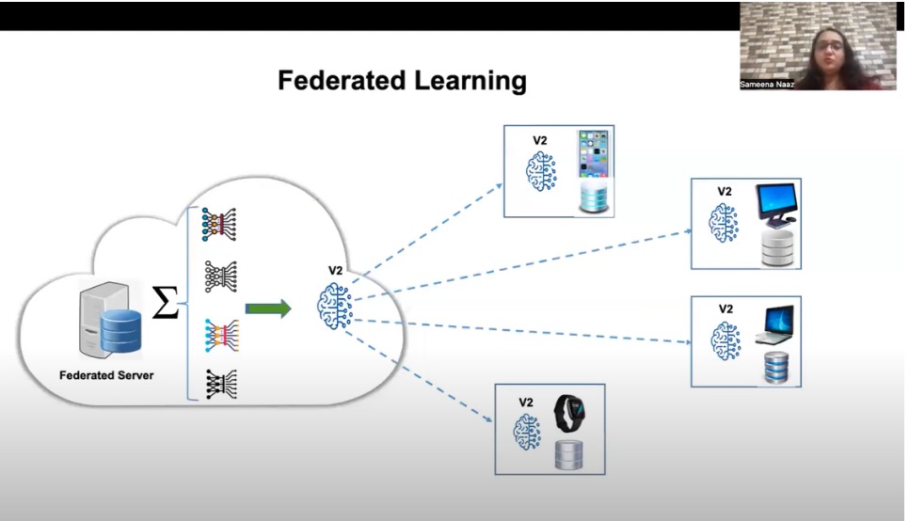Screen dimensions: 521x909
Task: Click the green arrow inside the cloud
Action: coord(268,308)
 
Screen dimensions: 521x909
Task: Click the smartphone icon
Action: coord(595,156)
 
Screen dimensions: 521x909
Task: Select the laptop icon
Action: coord(774,325)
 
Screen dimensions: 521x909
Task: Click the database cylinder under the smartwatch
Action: coord(567,456)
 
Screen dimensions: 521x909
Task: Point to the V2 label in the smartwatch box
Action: coord(526,402)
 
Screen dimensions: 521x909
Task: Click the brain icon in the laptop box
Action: coord(725,340)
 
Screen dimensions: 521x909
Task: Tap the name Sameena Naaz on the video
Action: coord(767,84)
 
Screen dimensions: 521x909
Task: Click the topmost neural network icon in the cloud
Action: coord(219,222)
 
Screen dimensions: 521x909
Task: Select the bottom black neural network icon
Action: coord(219,382)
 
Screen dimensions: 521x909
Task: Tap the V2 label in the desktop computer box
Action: coord(725,191)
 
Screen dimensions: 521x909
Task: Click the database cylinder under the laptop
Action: coord(774,368)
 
